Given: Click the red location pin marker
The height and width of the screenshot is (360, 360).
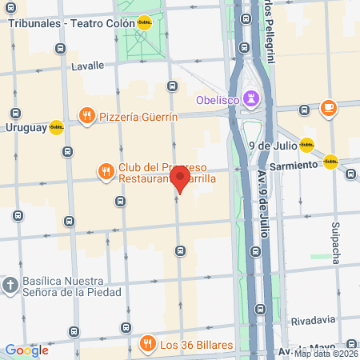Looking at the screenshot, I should pos(180,178).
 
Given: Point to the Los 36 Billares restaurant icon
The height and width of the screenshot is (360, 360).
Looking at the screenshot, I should pos(147,345).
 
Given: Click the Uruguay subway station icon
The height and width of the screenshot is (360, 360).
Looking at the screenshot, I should pos(56,127).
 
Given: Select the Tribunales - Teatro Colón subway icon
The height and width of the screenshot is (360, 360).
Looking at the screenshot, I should pos(144,23).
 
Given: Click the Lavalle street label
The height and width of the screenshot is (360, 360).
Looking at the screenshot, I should pos(88,66).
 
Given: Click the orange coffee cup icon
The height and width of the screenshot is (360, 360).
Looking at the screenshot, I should pos(329,108).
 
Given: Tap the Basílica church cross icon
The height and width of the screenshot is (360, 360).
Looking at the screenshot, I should pos(10,285).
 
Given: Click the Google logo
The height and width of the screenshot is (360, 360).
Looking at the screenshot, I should pos(26,350).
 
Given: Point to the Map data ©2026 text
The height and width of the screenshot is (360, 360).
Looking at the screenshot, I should pos(326,354).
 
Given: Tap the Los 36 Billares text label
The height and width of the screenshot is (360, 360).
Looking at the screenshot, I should pos(196,346).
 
